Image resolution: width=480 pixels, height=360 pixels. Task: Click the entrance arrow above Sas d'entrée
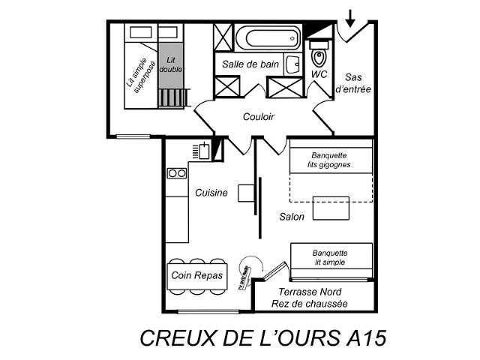tap(351, 16)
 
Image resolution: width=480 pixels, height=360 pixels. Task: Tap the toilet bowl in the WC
tap(319, 55)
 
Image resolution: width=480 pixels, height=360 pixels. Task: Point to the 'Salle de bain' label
tap(250, 64)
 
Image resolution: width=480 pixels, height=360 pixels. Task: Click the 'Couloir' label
tap(258, 117)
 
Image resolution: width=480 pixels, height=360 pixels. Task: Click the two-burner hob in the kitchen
tap(177, 173)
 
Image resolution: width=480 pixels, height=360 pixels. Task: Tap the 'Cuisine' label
tap(211, 193)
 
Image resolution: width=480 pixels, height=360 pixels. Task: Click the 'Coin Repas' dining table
tap(197, 275)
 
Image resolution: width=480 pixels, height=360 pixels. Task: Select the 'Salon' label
tap(292, 217)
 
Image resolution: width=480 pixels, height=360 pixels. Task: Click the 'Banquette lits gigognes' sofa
tap(330, 160)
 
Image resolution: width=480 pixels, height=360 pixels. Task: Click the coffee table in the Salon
tap(331, 208)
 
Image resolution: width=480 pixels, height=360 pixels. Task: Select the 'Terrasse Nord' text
tap(310, 292)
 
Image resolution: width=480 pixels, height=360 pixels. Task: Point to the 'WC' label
tap(319, 75)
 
